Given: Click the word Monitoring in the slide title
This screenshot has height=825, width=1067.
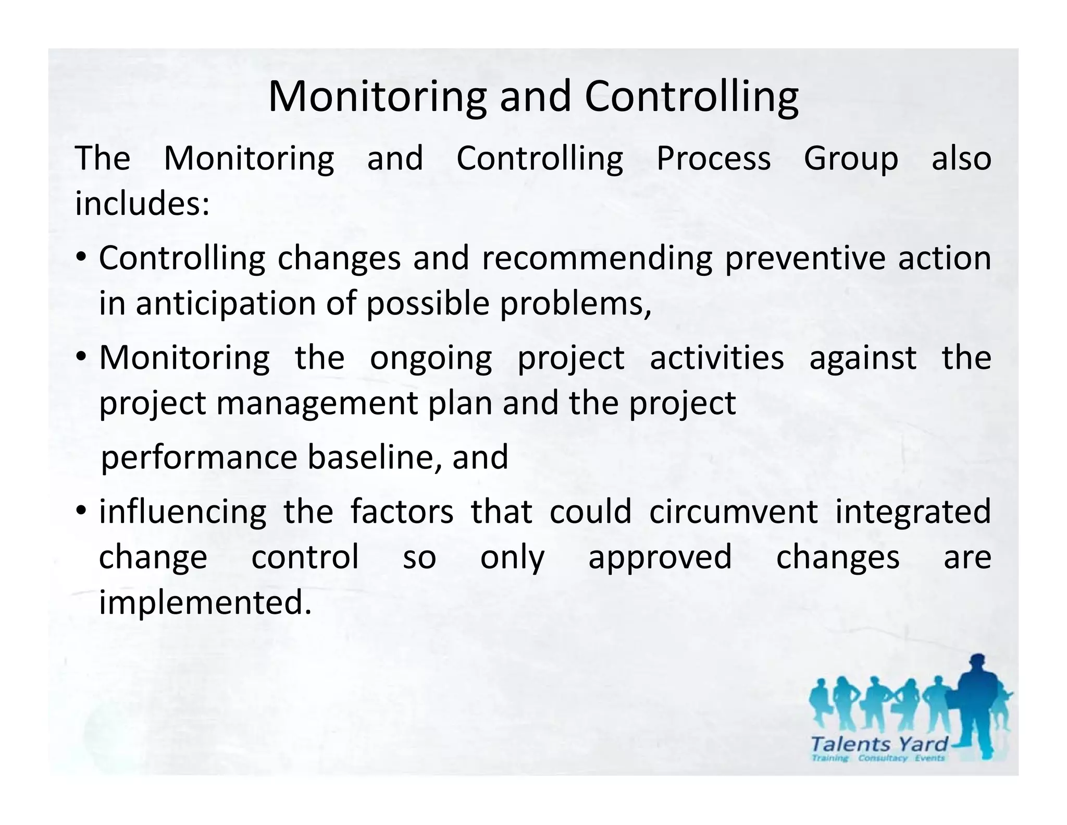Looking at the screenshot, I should point(377,97).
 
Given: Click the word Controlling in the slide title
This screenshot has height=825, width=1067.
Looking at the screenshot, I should point(691,97).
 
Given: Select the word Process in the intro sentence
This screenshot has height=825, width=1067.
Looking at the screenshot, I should point(713,159).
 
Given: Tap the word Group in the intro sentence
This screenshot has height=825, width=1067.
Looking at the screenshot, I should point(851,159).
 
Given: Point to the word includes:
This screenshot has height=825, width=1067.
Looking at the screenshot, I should point(142,203).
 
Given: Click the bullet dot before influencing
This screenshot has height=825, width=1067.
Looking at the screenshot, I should point(81,510).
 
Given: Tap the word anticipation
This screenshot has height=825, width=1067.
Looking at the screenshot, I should point(226,304).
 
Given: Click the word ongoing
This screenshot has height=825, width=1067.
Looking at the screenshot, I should point(431,359).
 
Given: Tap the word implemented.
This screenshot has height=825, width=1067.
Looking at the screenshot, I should point(205,603).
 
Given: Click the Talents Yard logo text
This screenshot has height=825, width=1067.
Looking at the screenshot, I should point(879,743).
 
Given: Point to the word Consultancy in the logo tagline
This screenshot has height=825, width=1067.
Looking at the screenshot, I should point(883,758).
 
